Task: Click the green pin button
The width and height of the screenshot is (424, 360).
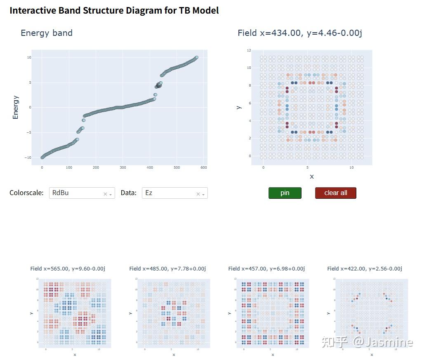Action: pyautogui.click(x=285, y=193)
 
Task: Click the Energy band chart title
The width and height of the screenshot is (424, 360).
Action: pyautogui.click(x=47, y=33)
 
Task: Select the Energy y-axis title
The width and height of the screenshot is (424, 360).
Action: pyautogui.click(x=16, y=107)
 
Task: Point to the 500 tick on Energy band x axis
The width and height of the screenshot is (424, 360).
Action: pyautogui.click(x=177, y=167)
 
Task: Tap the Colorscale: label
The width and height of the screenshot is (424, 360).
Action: pyautogui.click(x=26, y=193)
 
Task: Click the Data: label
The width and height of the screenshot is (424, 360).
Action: pyautogui.click(x=128, y=193)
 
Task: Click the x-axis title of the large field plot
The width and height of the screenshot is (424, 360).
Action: pyautogui.click(x=311, y=176)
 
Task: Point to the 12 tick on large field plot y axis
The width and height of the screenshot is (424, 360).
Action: pyautogui.click(x=249, y=50)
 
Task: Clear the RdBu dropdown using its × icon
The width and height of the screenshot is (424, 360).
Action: pyautogui.click(x=105, y=194)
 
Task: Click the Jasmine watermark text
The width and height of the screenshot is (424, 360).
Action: pyautogui.click(x=389, y=342)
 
